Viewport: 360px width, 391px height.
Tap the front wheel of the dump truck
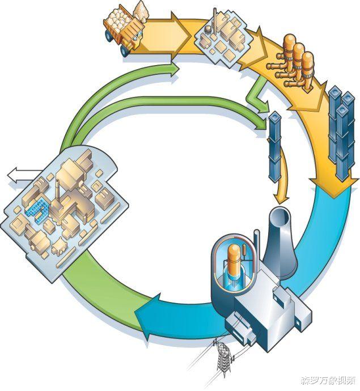pos(125,50)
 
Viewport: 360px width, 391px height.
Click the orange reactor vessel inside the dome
pos(234,261)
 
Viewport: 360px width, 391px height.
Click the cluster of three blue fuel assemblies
pos(342,132)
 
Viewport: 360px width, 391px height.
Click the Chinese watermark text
pos(328,380)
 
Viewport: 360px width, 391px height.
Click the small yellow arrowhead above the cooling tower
pos(281,198)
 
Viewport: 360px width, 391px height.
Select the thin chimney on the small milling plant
pos(214,20)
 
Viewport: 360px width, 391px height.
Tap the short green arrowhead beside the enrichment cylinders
pos(264,107)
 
